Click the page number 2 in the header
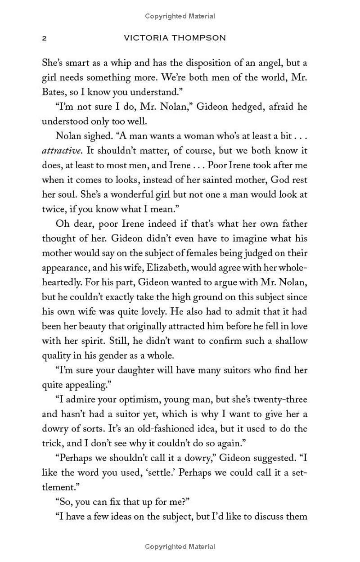point(44,38)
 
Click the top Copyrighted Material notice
point(180,16)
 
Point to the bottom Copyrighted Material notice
point(180,547)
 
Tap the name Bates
point(54,93)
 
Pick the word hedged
point(233,107)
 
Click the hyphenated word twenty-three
point(278,399)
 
